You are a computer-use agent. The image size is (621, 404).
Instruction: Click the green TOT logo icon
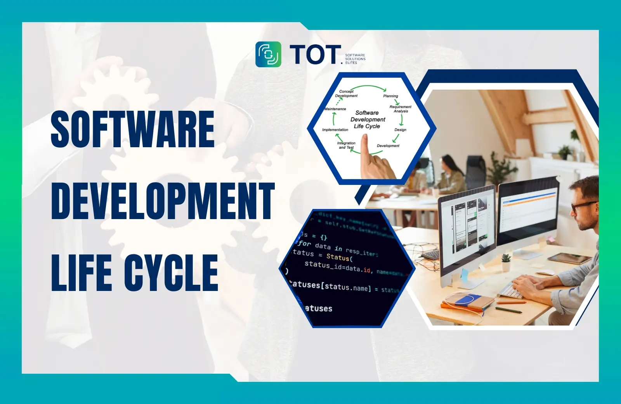coord(268,54)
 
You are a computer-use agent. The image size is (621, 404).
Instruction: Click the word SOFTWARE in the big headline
coord(132,129)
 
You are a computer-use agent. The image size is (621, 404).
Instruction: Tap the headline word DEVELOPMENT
coord(163,201)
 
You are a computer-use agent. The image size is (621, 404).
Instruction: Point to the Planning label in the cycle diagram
coord(390,96)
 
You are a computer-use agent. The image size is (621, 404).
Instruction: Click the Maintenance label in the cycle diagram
coord(335,109)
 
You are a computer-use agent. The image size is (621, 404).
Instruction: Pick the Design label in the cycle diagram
coord(400,130)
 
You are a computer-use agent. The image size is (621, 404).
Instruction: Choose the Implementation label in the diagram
coord(335,130)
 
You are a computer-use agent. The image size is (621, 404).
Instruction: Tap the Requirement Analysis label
coord(401,109)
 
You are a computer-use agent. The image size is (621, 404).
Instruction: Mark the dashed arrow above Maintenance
coord(339,101)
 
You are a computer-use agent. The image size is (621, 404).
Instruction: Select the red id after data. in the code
coord(367,270)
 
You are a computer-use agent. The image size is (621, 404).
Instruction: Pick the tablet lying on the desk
coord(569,258)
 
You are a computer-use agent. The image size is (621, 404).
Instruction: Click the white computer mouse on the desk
coord(545,272)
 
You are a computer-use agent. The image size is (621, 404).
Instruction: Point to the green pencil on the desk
coord(508,310)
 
